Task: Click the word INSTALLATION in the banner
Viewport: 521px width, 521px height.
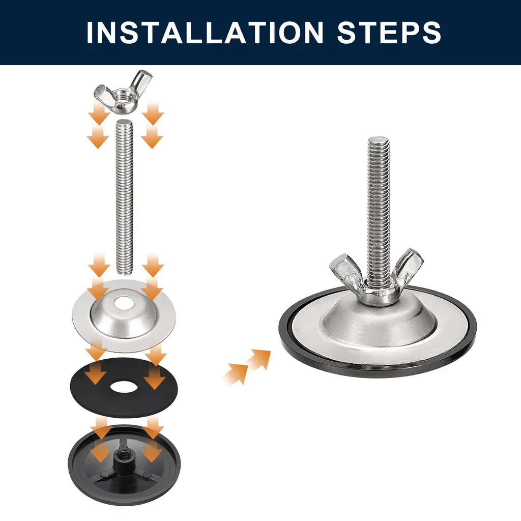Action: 205,32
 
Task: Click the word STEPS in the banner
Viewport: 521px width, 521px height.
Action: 389,32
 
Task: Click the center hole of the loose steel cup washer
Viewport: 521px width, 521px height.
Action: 124,303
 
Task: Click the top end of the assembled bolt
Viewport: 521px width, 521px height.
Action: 379,140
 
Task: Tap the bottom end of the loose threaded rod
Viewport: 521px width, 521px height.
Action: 125,272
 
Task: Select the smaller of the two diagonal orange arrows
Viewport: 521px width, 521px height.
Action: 236,374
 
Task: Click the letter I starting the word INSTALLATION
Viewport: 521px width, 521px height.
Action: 90,33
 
